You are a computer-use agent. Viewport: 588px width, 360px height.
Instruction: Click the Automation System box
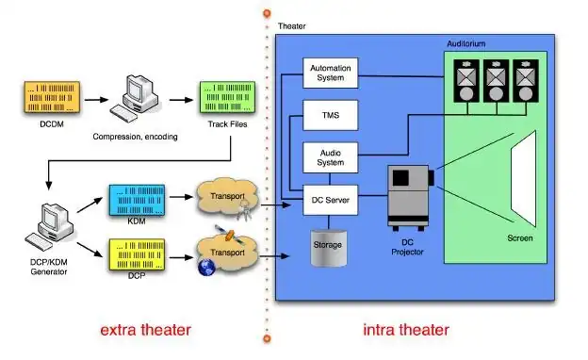coord(331,73)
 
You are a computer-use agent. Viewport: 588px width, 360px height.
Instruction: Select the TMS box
coord(331,115)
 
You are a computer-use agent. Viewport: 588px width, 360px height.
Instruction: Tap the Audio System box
coord(331,157)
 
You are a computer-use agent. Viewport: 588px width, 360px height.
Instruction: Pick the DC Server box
coord(331,200)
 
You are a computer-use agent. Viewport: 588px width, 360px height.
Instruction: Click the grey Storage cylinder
coord(329,248)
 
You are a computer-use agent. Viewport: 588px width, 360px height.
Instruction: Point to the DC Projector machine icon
coord(411,198)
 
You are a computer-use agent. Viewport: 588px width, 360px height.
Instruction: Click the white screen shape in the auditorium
coord(524,178)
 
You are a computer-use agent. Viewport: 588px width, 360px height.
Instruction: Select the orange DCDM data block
coord(52,97)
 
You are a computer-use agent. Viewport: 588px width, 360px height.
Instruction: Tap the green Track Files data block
coord(228,97)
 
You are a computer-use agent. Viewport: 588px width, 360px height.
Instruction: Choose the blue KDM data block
coord(137,200)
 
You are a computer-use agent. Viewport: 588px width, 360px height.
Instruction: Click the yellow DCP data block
coord(137,254)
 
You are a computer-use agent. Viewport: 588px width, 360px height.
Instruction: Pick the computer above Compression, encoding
coord(134,98)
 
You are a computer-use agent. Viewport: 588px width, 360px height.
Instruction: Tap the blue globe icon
coord(206,268)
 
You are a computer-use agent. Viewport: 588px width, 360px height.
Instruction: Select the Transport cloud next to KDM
coord(227,198)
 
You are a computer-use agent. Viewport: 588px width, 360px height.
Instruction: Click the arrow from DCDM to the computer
coord(96,100)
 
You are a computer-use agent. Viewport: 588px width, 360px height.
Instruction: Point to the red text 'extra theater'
coord(146,330)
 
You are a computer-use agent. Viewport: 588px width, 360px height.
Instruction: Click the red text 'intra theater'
coord(406,330)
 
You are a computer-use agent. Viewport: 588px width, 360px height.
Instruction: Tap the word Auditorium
coord(466,43)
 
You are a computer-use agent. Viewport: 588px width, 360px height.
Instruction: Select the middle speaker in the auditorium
coord(496,81)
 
